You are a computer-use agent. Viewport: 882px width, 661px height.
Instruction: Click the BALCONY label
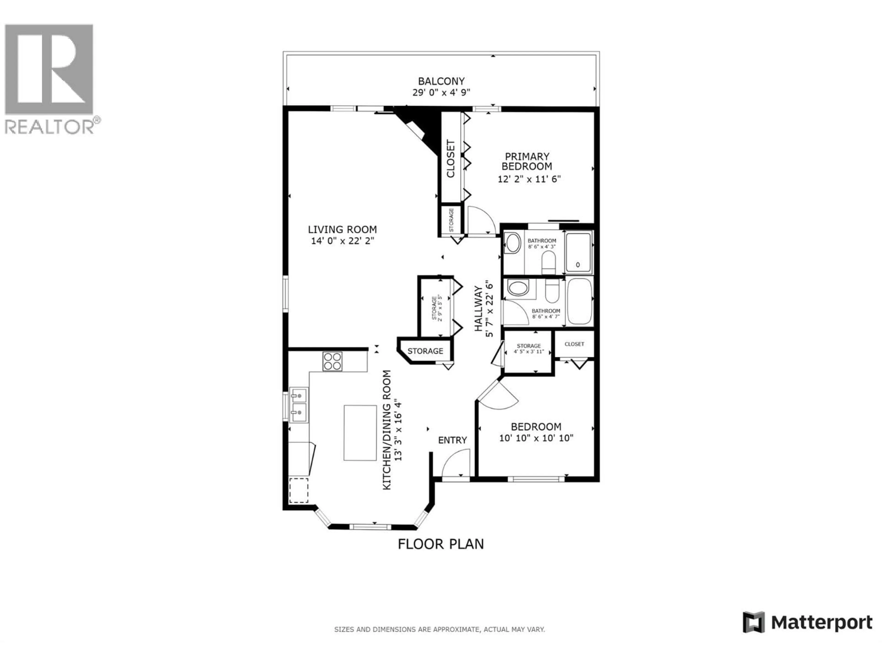click(441, 81)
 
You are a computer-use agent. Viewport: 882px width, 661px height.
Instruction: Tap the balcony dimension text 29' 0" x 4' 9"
click(441, 93)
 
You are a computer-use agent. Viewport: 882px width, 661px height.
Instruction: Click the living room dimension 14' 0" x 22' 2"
click(342, 241)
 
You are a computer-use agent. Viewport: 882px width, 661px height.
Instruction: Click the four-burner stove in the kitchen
click(332, 361)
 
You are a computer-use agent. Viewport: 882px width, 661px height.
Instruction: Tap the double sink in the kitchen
click(298, 405)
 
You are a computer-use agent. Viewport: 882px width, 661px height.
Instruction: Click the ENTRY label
click(452, 440)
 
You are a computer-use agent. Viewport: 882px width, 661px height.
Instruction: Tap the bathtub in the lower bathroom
click(579, 301)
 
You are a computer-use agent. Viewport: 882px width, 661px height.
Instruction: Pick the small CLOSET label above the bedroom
click(574, 344)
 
